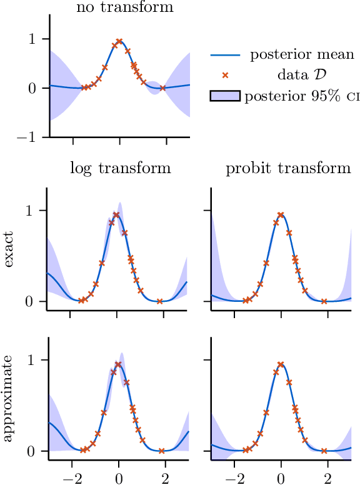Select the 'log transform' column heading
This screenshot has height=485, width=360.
[120, 168]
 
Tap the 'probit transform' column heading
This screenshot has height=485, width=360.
[288, 168]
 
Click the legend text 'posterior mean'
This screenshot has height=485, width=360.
[302, 54]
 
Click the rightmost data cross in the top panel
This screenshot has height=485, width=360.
[162, 88]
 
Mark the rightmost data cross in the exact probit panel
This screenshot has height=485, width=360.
[324, 301]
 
